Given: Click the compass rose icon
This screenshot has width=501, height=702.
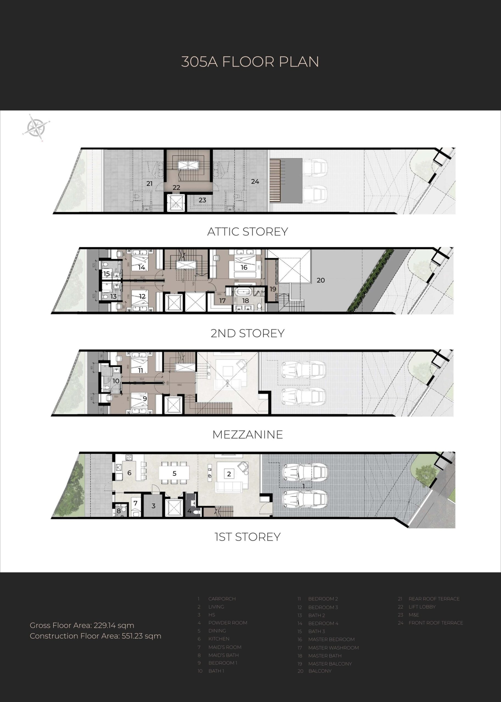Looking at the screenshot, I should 36,127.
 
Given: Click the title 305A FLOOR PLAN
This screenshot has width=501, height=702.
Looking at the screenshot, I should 250,62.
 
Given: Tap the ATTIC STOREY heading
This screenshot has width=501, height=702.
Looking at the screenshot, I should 247,232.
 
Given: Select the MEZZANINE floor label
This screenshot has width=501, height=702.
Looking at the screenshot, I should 247,435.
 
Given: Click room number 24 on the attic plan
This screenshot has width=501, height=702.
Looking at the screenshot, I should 255,182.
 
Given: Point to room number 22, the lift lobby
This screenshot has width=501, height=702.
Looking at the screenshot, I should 177,187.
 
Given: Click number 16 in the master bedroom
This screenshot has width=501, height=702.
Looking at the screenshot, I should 244,267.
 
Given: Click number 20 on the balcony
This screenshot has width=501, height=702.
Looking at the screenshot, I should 321,280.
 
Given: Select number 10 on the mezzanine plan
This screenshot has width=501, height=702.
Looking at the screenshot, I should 116,381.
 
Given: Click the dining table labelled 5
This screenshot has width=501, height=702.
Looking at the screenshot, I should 174,473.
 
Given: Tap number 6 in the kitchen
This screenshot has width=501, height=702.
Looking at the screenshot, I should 129,473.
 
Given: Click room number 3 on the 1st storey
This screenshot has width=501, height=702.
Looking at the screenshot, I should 153,506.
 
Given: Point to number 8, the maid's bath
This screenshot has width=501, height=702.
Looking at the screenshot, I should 119,511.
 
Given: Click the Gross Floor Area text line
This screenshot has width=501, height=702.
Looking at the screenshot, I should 82,625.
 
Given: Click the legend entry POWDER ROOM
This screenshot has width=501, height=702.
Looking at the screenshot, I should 228,622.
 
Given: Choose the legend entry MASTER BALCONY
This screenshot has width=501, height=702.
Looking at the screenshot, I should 330,664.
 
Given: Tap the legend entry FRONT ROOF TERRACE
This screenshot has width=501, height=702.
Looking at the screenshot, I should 436,622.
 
